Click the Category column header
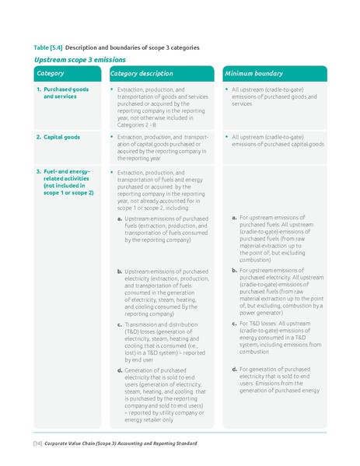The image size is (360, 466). [x=51, y=74]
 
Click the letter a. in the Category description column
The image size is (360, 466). [x=120, y=219]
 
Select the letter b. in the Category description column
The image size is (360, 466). [x=120, y=272]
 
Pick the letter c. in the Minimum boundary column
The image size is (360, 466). [x=234, y=323]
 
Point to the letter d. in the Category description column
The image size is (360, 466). [x=120, y=370]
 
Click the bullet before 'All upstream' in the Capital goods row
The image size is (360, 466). [x=227, y=137]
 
